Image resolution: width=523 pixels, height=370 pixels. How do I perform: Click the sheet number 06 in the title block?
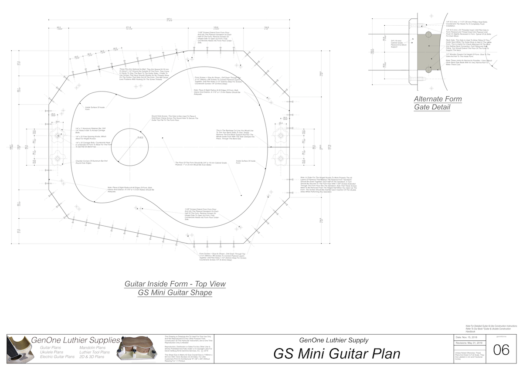point(504,350)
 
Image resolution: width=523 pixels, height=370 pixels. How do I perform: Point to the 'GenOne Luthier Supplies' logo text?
point(76,340)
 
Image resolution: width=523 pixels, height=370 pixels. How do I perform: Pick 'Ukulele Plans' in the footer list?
point(51,352)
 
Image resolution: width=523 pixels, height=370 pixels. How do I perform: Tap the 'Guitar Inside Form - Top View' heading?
point(175,284)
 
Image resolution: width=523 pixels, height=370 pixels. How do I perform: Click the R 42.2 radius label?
point(140,138)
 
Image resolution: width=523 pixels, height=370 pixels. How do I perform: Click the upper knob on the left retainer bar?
point(57,136)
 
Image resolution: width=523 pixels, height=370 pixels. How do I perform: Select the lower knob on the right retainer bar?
point(279,158)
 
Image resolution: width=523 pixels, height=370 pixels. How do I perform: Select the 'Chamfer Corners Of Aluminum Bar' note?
point(91,163)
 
